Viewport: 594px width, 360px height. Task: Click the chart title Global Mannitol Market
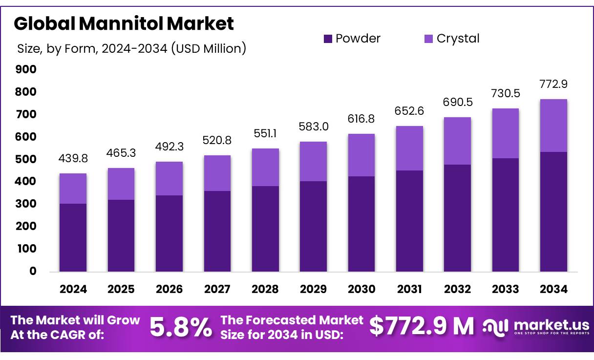tap(124, 23)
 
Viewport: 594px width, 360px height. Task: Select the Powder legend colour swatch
tap(328, 38)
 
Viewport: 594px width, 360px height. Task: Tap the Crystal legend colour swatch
tap(428, 38)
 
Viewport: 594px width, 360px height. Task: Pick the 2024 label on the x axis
tap(73, 289)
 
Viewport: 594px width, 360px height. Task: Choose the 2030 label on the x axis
tap(361, 289)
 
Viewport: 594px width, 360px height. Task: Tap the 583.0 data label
tap(313, 127)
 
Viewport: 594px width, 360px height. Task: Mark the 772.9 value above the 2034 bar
tap(553, 84)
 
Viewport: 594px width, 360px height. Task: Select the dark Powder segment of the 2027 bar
tap(217, 231)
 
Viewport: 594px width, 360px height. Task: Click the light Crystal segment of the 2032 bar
tap(457, 141)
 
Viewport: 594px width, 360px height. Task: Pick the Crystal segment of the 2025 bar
tap(121, 184)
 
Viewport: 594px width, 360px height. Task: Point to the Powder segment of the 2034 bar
tap(553, 212)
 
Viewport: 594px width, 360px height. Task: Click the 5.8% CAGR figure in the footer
tap(181, 327)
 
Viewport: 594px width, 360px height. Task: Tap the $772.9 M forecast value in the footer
tap(422, 326)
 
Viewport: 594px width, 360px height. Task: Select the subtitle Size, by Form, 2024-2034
tap(131, 48)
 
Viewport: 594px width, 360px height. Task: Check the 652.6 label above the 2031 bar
tap(409, 111)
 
